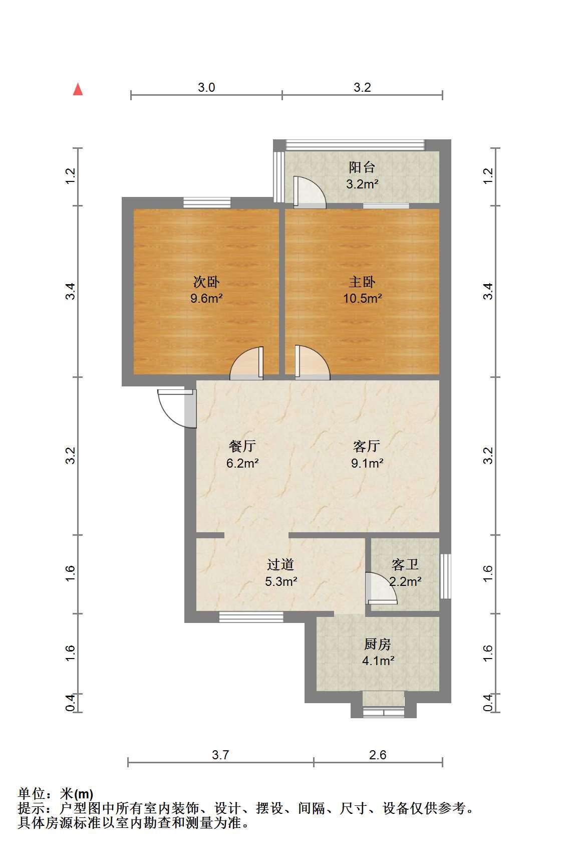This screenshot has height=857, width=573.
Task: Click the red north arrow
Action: tap(78, 89)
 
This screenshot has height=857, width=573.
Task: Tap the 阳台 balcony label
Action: tap(362, 167)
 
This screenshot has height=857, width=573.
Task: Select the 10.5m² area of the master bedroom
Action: tap(362, 298)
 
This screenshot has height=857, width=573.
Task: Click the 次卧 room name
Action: tap(206, 282)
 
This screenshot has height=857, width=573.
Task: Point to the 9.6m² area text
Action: tap(206, 298)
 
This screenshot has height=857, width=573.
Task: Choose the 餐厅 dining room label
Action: tap(242, 446)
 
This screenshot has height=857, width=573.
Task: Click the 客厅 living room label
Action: tap(367, 446)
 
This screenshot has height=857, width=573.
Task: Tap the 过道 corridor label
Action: tap(280, 565)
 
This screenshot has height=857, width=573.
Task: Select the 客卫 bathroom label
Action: tap(405, 565)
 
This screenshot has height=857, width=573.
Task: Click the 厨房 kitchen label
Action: tap(378, 645)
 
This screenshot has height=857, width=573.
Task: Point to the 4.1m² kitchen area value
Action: tap(379, 661)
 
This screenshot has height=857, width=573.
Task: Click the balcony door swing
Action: tap(309, 192)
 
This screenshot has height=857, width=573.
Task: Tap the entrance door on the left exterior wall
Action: tap(177, 408)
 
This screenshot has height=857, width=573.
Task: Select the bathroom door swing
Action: tap(381, 588)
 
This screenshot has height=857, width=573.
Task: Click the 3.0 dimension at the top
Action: tap(206, 88)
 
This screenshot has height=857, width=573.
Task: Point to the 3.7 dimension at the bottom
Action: tap(220, 755)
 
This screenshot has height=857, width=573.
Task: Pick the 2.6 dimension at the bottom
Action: tap(378, 755)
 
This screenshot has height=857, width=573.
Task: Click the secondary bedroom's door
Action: tap(247, 363)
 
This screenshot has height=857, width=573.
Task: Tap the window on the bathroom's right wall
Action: tap(445, 576)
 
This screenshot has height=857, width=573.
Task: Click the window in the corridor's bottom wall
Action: tap(251, 617)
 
